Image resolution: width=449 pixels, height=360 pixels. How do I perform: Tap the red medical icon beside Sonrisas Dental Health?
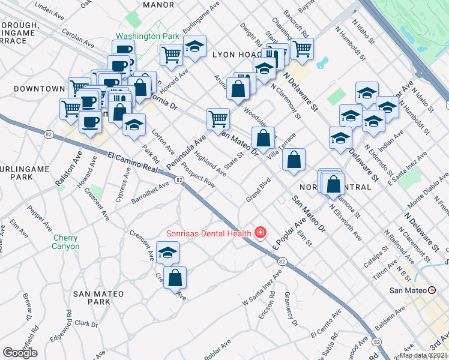(261, 232)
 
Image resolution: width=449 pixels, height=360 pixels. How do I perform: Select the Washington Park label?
(148, 36)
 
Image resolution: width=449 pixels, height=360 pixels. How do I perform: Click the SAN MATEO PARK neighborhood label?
(98, 298)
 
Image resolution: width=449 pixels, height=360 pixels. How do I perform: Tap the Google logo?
(20, 353)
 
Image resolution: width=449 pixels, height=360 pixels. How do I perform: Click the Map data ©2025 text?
(424, 355)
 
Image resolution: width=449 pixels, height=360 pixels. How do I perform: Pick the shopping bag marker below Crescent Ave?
(175, 278)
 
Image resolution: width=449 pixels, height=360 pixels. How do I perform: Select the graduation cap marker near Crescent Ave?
(167, 253)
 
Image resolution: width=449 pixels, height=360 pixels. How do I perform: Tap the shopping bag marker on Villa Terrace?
(294, 160)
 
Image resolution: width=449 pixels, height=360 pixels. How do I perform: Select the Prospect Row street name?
(198, 175)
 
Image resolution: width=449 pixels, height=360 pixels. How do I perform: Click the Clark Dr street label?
(87, 324)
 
